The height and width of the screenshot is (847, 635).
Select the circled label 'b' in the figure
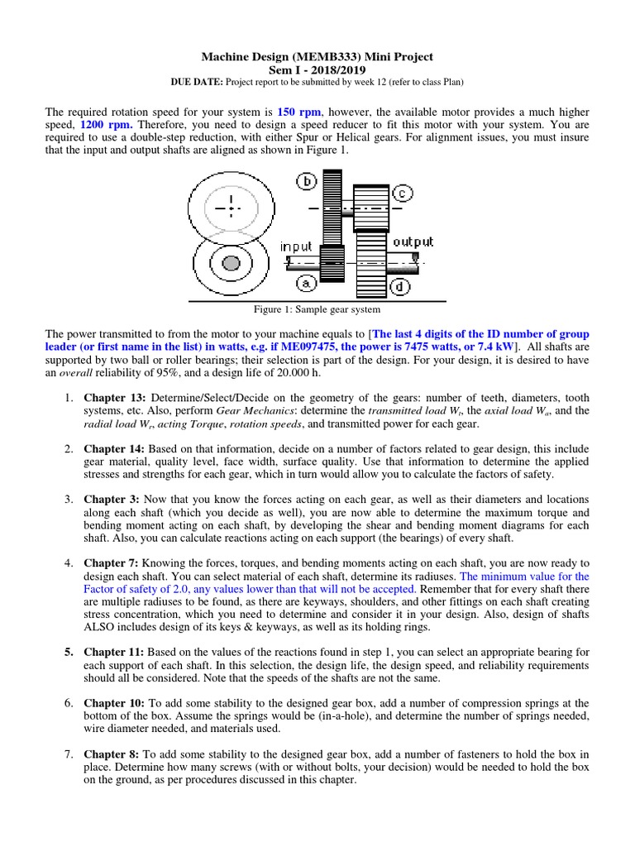(307, 181)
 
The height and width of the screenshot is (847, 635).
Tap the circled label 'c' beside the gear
(402, 193)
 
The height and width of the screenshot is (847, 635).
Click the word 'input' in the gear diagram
(297, 246)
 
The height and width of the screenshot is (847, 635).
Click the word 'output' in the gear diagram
(413, 242)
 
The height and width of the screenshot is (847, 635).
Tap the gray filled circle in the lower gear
(232, 263)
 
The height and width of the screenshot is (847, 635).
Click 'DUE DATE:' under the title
(193, 83)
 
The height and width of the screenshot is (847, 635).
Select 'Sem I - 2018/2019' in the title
(317, 70)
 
